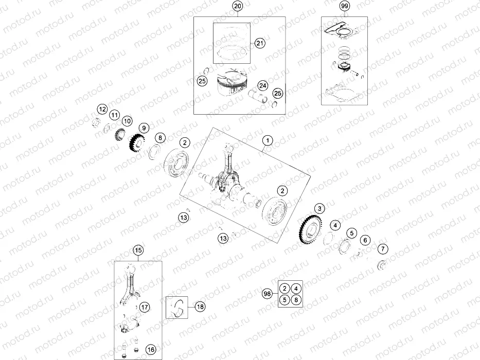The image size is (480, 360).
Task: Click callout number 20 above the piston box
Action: coord(237,7)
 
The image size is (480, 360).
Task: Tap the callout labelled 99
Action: coord(344,7)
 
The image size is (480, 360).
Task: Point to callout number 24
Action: coord(262,85)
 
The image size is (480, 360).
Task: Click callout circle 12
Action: coord(102,109)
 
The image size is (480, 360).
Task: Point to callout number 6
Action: coord(365,240)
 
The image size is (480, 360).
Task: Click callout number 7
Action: coord(382,249)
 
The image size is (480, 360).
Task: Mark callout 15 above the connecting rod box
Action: coord(138,250)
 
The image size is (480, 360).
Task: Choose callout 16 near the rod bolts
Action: coord(150,350)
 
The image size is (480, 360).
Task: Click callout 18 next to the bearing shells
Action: coord(200,307)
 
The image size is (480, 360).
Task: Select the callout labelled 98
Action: coord(266,294)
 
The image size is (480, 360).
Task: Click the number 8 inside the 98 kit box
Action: coord(296,300)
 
